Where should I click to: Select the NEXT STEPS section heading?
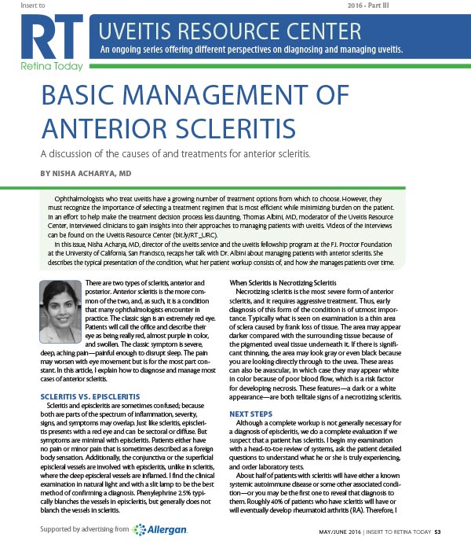(x=251, y=412)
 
